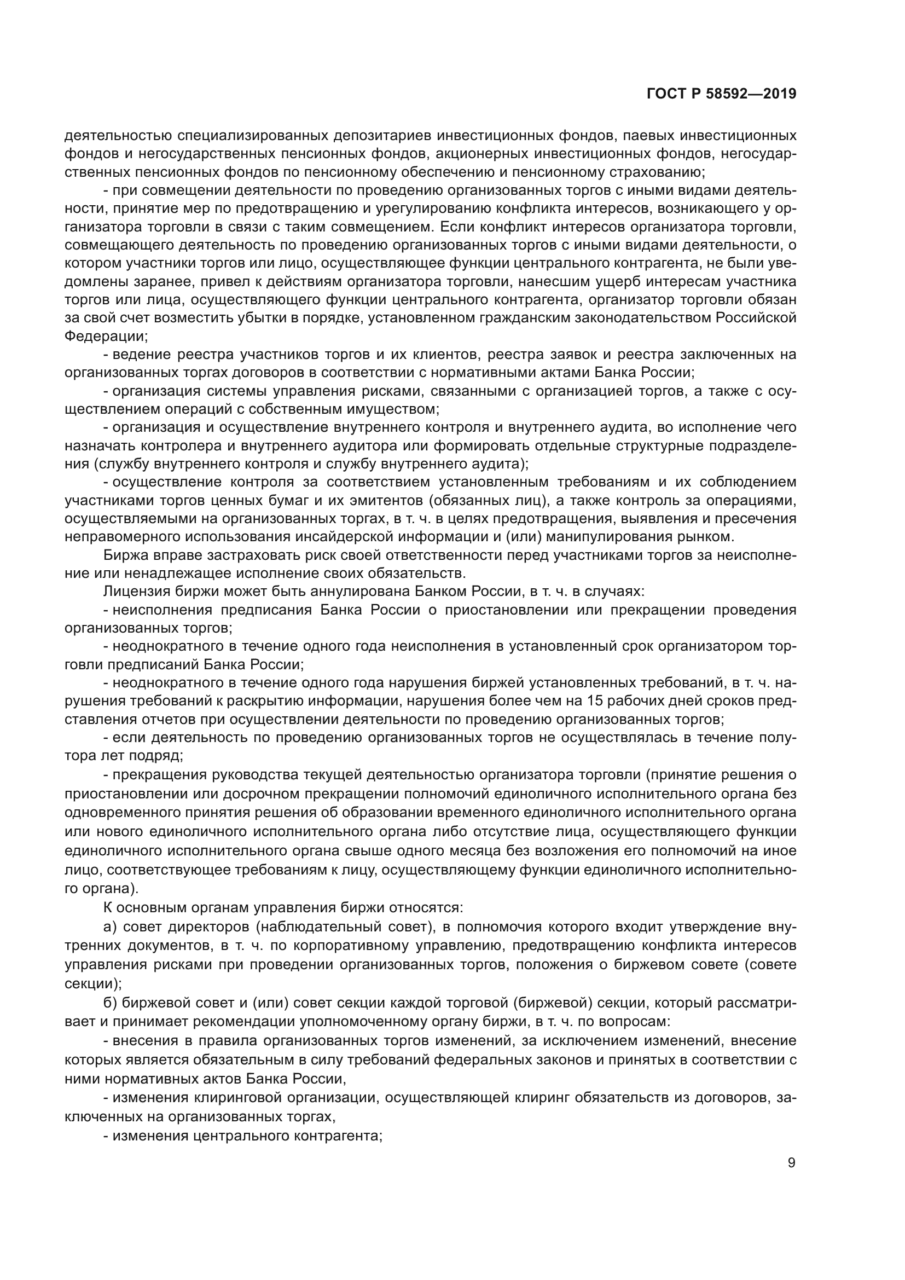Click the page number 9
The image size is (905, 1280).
[791, 1163]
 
